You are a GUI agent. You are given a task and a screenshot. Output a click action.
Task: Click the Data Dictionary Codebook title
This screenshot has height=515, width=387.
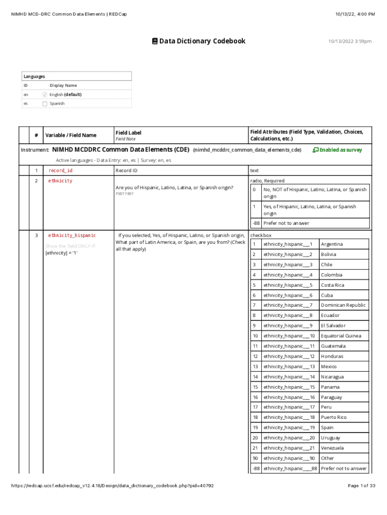(x=199, y=41)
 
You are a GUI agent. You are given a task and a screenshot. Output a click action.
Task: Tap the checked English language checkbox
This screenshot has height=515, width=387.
(x=45, y=95)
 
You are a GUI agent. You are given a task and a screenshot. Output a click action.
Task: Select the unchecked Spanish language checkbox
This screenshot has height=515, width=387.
(x=45, y=104)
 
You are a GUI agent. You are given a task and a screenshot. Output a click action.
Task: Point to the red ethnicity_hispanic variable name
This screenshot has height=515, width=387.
(x=72, y=235)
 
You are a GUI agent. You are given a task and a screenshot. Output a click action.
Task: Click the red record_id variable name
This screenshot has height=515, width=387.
(x=60, y=171)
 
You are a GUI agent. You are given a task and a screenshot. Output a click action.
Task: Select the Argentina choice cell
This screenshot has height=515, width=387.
(x=332, y=244)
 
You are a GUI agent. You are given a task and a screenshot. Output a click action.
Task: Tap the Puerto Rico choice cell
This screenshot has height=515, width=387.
(x=334, y=417)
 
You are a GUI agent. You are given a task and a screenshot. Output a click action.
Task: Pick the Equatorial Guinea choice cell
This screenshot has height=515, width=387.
(x=341, y=336)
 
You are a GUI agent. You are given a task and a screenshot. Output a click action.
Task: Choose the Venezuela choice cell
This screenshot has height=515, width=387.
(x=332, y=448)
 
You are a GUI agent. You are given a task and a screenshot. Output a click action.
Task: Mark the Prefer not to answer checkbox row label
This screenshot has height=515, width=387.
(x=344, y=469)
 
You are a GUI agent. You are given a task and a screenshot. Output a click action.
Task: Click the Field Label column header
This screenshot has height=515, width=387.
(x=128, y=133)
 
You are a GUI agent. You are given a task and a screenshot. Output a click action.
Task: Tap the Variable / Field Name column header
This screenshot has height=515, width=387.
(x=71, y=135)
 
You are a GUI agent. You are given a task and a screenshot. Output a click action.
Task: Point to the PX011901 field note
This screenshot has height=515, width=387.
(x=125, y=194)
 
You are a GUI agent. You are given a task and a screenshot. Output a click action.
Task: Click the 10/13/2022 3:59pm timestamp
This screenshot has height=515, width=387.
(x=350, y=41)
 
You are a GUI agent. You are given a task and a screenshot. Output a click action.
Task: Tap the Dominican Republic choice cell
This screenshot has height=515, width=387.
(x=343, y=305)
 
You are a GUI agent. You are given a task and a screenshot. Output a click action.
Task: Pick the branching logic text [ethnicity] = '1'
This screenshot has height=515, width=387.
(x=61, y=253)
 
